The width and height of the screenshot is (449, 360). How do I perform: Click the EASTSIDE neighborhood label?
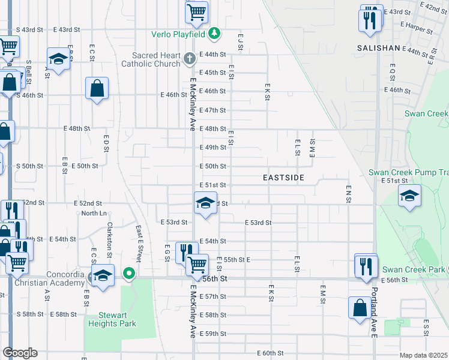tap(283, 178)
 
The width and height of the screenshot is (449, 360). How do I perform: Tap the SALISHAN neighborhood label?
tap(378, 47)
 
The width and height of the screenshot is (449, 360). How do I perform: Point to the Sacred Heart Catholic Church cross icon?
tap(189, 59)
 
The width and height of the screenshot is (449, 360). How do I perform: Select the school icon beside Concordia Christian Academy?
tap(103, 275)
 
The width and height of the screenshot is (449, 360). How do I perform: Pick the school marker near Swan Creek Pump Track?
tap(410, 196)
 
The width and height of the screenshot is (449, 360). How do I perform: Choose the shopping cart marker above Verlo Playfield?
tap(196, 11)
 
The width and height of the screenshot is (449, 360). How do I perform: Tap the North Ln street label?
tap(94, 214)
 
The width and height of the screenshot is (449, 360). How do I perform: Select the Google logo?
tap(20, 353)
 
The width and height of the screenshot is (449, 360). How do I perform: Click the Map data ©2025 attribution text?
tap(423, 355)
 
